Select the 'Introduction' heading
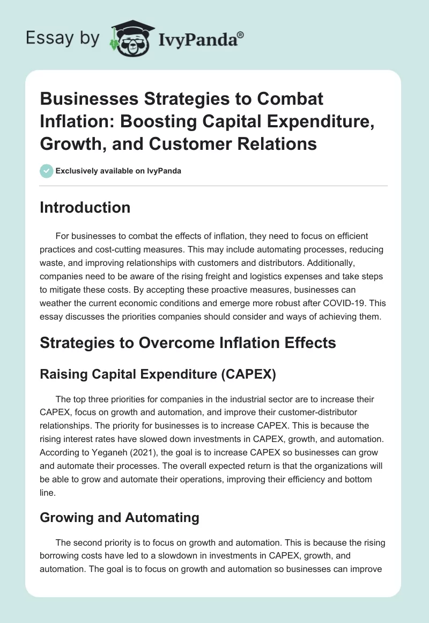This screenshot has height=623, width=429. pyautogui.click(x=85, y=208)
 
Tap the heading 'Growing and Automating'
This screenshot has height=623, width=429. pyautogui.click(x=119, y=517)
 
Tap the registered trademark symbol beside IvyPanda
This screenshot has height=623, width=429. pyautogui.click(x=241, y=34)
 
